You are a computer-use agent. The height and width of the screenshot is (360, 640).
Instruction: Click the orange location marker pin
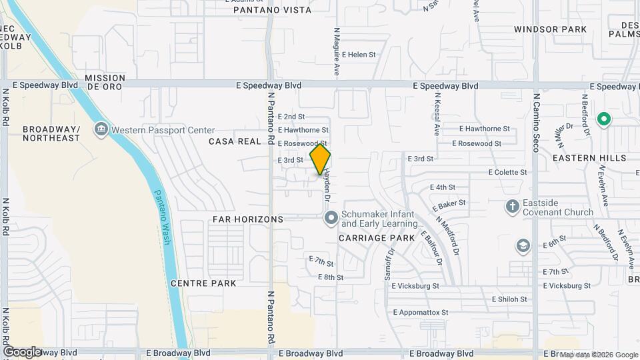click(320, 159)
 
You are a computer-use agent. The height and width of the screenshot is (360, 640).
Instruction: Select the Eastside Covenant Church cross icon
click(512, 206)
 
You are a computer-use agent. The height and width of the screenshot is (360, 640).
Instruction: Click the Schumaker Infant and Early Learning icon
click(331, 218)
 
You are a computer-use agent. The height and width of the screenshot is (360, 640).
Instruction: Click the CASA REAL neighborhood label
click(233, 141)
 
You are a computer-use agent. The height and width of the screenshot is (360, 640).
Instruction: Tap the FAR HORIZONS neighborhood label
click(247, 219)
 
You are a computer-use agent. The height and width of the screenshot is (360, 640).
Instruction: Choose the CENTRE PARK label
click(203, 283)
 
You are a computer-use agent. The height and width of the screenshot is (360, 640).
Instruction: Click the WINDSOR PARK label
click(550, 29)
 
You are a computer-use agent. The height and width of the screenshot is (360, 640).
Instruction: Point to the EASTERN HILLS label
click(589, 158)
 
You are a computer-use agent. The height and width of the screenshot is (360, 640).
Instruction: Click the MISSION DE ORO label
click(105, 82)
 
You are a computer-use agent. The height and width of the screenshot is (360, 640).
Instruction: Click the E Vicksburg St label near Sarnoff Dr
click(415, 285)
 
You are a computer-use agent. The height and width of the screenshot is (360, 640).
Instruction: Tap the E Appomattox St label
click(421, 312)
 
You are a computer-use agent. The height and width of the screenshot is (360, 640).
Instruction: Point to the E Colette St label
click(507, 172)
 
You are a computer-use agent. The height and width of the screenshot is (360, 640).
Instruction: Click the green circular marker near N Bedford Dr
click(604, 120)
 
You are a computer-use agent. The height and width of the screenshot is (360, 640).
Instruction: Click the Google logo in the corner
click(21, 351)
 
